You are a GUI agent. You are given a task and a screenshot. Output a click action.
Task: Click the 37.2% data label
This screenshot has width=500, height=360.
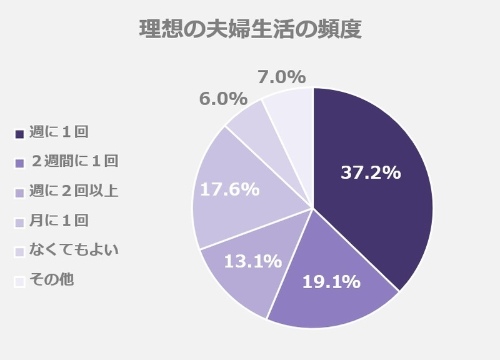[x=370, y=173]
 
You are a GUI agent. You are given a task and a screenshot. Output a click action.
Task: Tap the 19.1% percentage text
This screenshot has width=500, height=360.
[x=331, y=282]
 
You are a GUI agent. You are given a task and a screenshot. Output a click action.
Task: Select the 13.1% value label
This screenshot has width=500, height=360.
[x=252, y=261]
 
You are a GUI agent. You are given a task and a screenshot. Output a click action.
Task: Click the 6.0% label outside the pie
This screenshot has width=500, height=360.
[x=222, y=99]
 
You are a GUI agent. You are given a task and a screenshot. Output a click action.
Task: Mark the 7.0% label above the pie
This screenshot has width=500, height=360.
[x=281, y=77]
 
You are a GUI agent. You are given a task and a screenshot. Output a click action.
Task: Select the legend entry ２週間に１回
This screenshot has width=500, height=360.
[x=73, y=161]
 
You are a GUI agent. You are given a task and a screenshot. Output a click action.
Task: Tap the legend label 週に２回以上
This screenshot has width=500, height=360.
[x=73, y=191]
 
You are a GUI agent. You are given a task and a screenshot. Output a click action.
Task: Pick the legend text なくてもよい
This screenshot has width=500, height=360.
[x=73, y=250]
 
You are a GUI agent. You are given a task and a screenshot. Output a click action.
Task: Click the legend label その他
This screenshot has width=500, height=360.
[x=51, y=279]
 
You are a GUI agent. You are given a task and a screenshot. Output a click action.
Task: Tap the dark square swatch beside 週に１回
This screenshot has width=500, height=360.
[x=19, y=133]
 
